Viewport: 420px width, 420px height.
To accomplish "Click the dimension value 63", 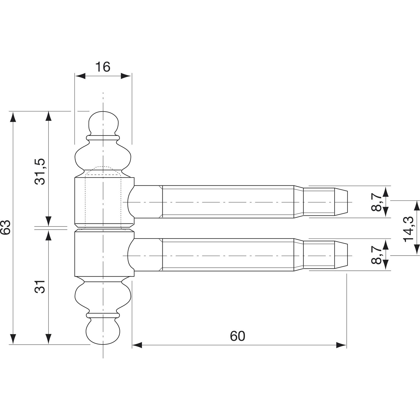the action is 6,227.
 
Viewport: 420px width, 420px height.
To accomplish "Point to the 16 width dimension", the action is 103,67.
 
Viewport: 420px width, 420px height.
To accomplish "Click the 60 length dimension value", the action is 237,336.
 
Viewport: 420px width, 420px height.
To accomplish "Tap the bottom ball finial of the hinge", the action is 103,333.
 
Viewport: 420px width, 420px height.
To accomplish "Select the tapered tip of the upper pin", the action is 341,202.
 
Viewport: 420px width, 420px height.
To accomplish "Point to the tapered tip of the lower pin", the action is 341,255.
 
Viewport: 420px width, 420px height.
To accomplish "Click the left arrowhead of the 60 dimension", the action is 137,345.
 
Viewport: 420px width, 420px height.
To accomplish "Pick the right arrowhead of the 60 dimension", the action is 342,345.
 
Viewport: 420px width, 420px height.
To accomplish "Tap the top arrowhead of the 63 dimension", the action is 12,116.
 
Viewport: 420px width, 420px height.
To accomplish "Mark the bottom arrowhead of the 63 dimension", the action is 12,339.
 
